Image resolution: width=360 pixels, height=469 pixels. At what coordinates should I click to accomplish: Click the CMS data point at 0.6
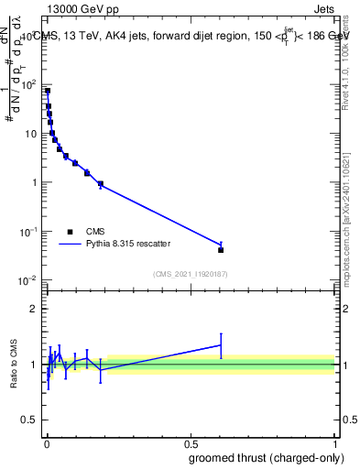221,249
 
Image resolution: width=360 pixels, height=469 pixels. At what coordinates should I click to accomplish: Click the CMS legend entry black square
70,232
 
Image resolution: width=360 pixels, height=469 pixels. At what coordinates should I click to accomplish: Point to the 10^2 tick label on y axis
28,85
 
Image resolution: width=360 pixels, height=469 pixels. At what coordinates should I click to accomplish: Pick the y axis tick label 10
31,134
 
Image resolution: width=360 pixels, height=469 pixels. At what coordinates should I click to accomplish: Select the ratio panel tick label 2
33,309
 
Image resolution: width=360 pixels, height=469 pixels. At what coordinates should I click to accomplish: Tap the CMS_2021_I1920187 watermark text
190,274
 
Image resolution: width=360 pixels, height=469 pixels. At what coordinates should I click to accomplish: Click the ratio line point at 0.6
221,345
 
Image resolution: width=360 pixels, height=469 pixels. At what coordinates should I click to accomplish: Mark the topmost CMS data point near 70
47,91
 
